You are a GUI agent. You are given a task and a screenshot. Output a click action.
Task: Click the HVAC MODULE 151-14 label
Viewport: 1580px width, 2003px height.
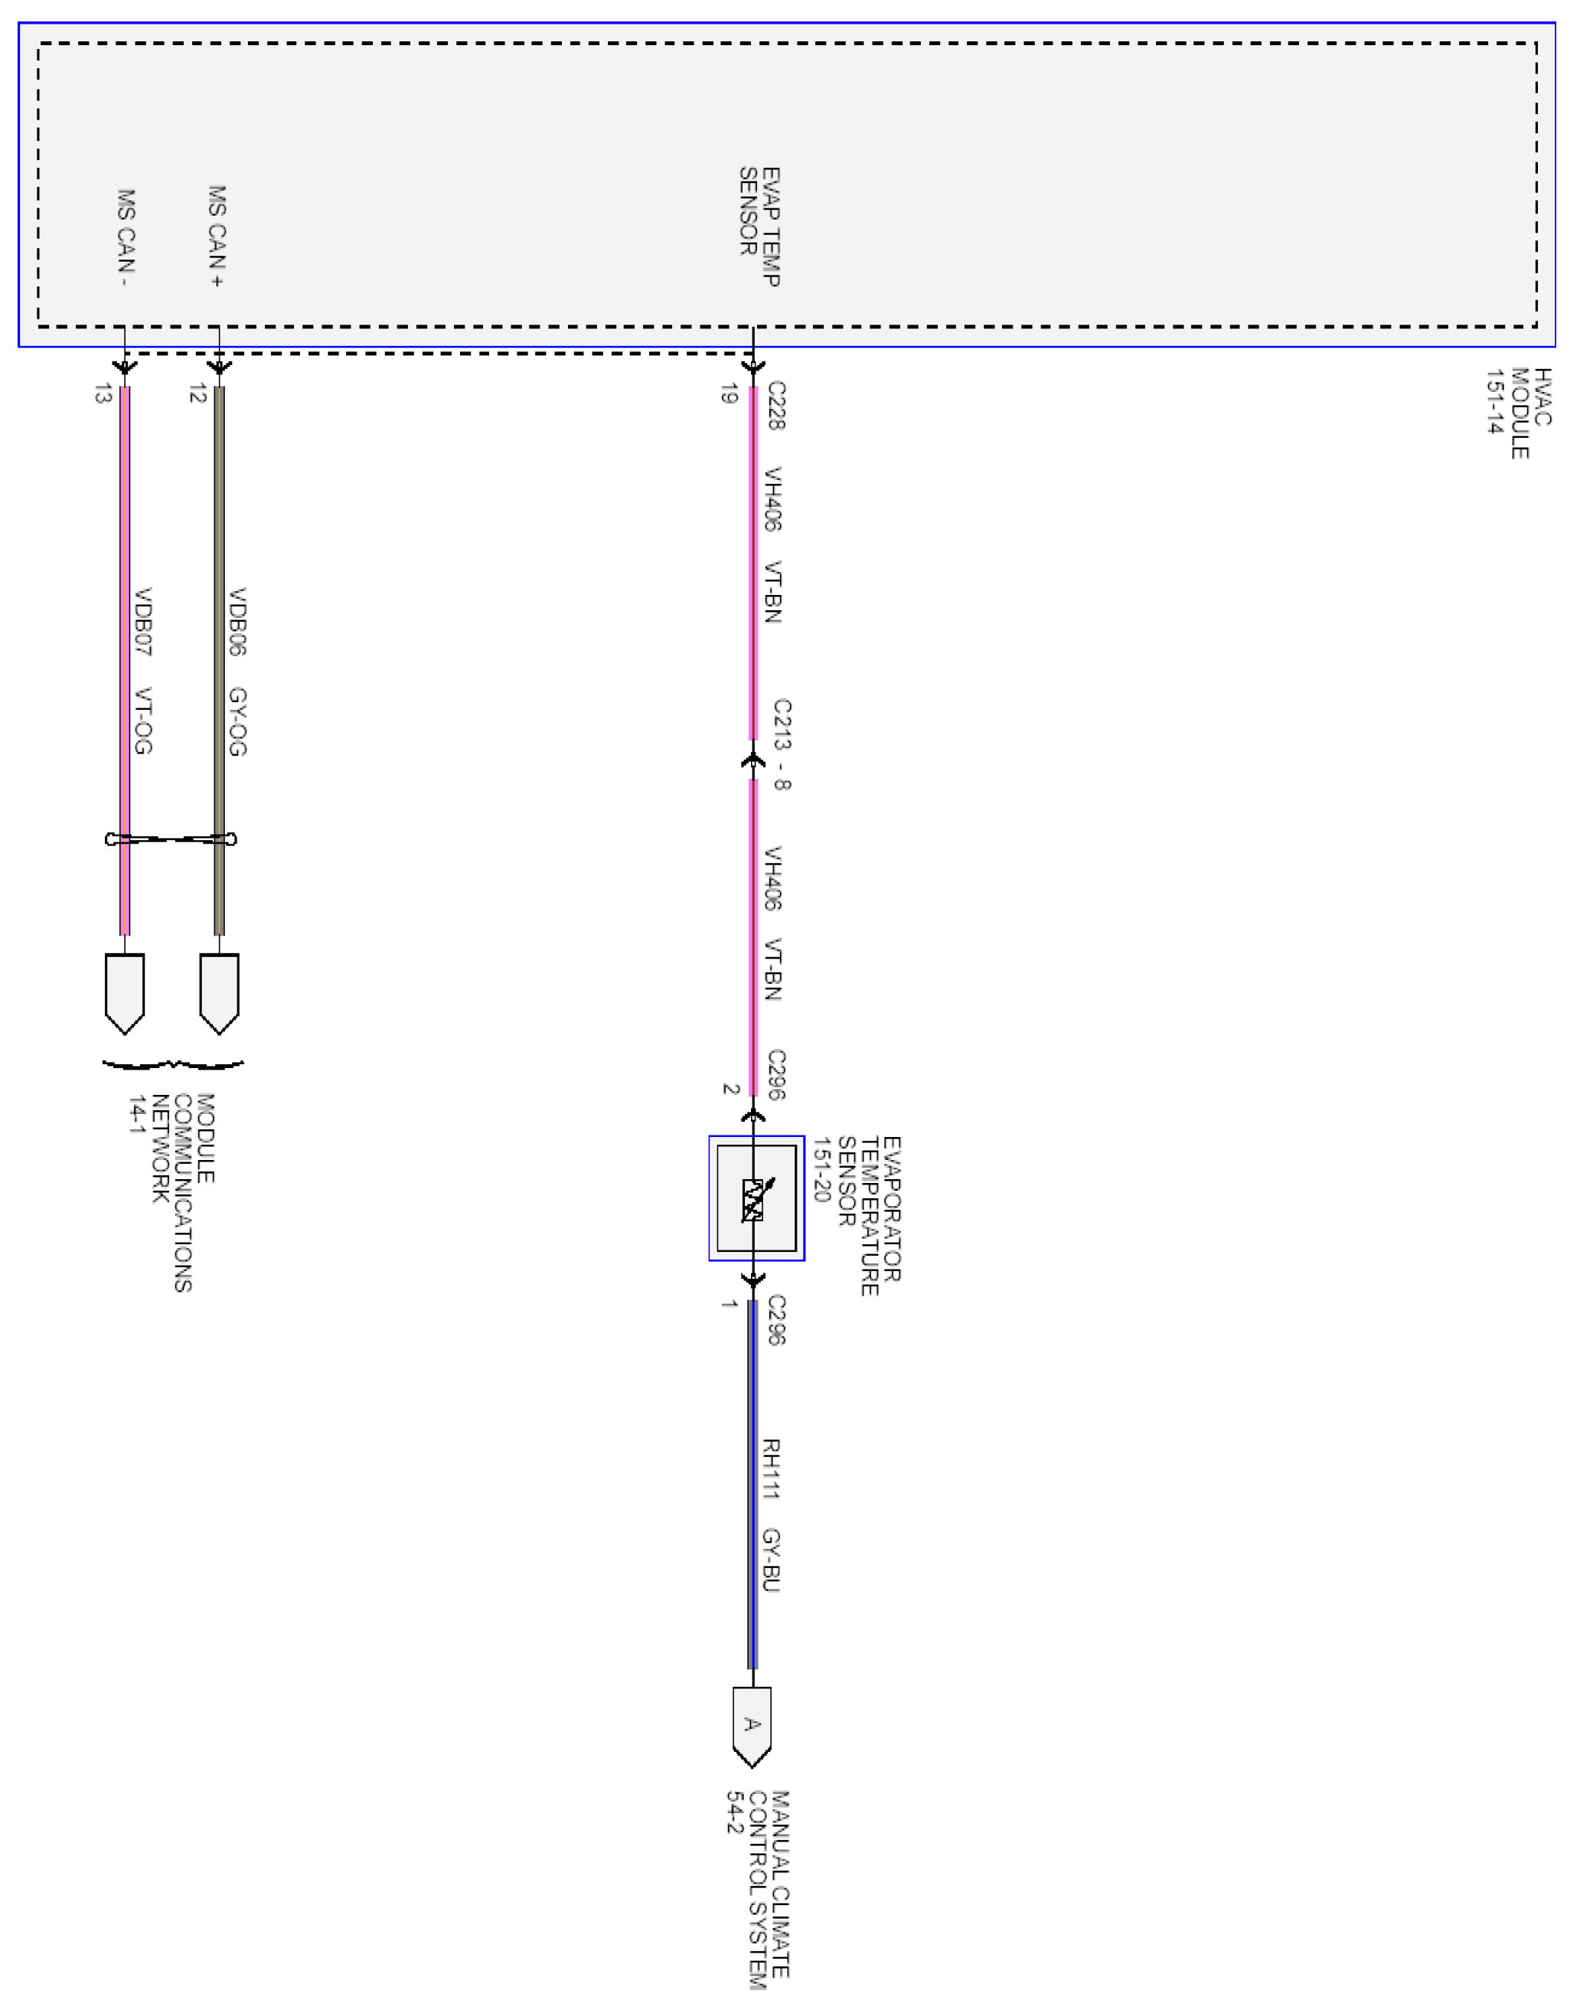(1518, 413)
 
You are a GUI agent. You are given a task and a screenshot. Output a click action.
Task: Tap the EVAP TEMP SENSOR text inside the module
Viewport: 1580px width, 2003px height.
(759, 226)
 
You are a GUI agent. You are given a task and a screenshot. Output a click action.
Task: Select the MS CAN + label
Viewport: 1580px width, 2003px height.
(217, 236)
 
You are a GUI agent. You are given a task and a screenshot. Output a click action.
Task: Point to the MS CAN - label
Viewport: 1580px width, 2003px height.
(126, 238)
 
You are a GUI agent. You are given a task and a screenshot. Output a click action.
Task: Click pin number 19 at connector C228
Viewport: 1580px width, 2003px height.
(729, 394)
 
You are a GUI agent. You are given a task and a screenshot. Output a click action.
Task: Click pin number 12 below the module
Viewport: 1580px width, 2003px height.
(197, 394)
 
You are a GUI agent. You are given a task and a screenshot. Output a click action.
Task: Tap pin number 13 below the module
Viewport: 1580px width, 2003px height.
(103, 394)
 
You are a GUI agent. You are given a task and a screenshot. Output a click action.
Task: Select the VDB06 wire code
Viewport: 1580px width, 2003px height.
(238, 621)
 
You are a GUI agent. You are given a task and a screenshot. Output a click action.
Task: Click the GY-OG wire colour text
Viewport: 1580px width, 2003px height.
(238, 720)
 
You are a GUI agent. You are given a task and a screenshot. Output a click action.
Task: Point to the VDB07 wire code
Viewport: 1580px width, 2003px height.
(143, 621)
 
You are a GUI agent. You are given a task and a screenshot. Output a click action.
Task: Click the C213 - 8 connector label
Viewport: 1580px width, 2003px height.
(782, 745)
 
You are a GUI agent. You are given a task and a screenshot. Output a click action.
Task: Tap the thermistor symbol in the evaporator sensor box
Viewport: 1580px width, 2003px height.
(754, 1199)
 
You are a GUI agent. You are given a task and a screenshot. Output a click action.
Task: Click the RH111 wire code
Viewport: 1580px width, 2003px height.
(771, 1469)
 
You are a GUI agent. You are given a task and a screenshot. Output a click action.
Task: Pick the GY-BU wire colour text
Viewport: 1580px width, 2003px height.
(771, 1560)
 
